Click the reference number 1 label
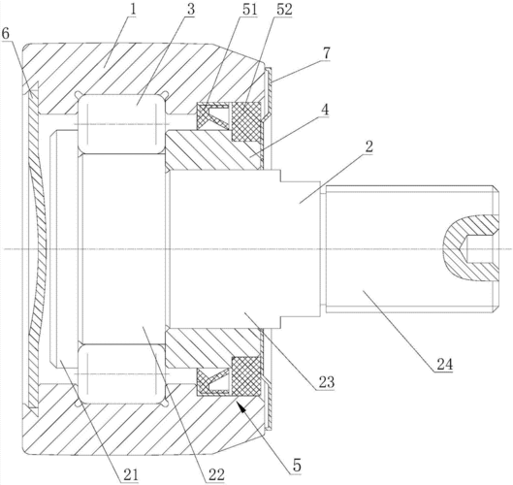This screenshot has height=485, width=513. pyautogui.click(x=132, y=10)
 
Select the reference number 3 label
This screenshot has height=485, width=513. pyautogui.click(x=190, y=10)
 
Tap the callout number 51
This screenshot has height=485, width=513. pyautogui.click(x=249, y=10)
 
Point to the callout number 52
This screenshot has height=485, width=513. pyautogui.click(x=284, y=10)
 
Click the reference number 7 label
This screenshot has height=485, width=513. pyautogui.click(x=326, y=53)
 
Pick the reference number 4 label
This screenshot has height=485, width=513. pyautogui.click(x=324, y=111)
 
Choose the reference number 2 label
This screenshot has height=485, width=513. pyautogui.click(x=369, y=146)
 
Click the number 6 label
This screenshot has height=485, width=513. pyautogui.click(x=6, y=33)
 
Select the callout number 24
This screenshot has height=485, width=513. pyautogui.click(x=444, y=364)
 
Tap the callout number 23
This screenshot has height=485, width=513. pyautogui.click(x=326, y=382)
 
